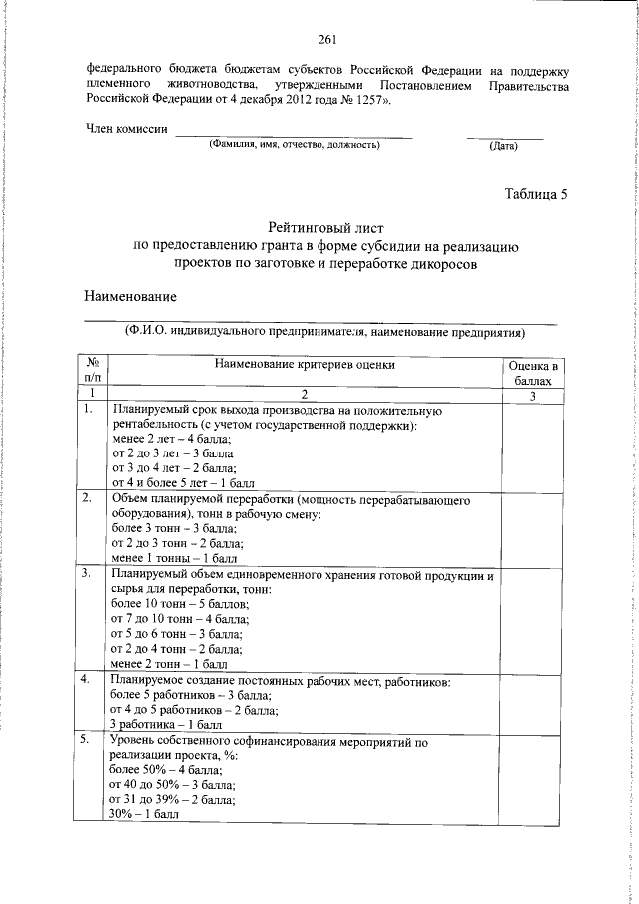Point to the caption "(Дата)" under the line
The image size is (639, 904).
503,147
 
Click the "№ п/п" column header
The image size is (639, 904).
93,371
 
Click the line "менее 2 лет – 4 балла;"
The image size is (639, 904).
171,439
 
